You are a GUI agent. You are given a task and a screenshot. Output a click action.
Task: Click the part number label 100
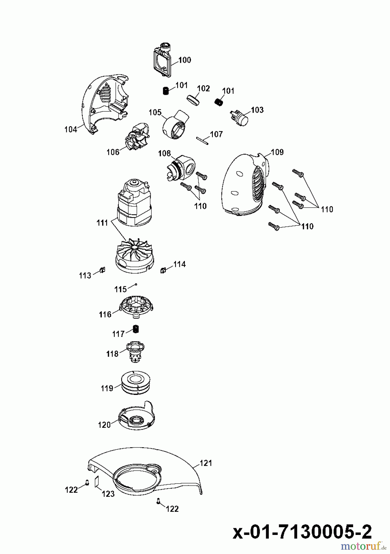tap(185, 60)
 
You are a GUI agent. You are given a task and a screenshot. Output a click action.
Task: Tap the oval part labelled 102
tap(193, 100)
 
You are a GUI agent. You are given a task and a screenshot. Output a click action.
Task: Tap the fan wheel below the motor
tap(134, 255)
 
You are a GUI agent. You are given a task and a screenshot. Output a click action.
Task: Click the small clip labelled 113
tap(102, 271)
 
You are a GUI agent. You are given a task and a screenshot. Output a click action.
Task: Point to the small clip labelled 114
tap(163, 270)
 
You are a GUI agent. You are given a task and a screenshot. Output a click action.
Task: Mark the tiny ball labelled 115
tap(136, 285)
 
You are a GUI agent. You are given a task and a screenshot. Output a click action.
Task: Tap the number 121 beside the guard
tap(206, 463)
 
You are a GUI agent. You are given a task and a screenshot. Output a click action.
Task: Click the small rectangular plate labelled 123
tap(97, 481)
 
